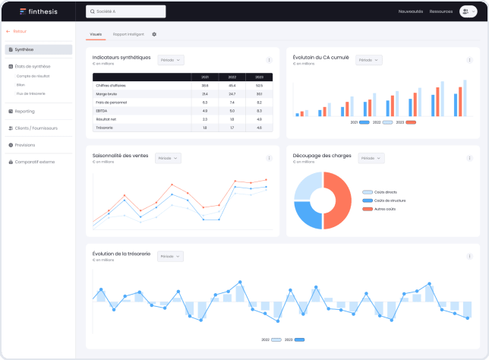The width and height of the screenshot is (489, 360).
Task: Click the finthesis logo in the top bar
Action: click(x=31, y=11)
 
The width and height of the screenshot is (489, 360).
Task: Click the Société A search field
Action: click(x=125, y=11)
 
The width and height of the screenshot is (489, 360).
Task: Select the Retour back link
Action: click(x=17, y=32)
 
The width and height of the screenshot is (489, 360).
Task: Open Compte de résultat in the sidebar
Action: click(x=33, y=76)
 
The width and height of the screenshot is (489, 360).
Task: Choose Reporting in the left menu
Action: click(x=24, y=111)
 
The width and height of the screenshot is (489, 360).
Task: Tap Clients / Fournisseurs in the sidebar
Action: click(x=35, y=128)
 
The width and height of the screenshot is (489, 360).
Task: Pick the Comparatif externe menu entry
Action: click(x=35, y=161)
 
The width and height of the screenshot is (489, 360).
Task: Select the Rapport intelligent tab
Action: click(x=128, y=34)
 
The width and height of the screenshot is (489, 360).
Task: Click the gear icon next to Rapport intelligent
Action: click(x=154, y=34)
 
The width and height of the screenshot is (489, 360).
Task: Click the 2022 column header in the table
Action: click(x=232, y=77)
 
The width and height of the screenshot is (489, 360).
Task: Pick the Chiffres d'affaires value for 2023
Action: click(x=259, y=85)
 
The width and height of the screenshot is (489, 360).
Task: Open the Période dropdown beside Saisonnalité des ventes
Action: click(x=168, y=158)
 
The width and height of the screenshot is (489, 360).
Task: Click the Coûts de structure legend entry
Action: click(x=388, y=201)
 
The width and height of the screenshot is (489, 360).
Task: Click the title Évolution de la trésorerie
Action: click(x=121, y=253)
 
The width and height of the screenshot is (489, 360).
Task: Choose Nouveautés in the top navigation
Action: click(x=410, y=11)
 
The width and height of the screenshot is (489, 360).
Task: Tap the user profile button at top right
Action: click(x=466, y=11)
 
